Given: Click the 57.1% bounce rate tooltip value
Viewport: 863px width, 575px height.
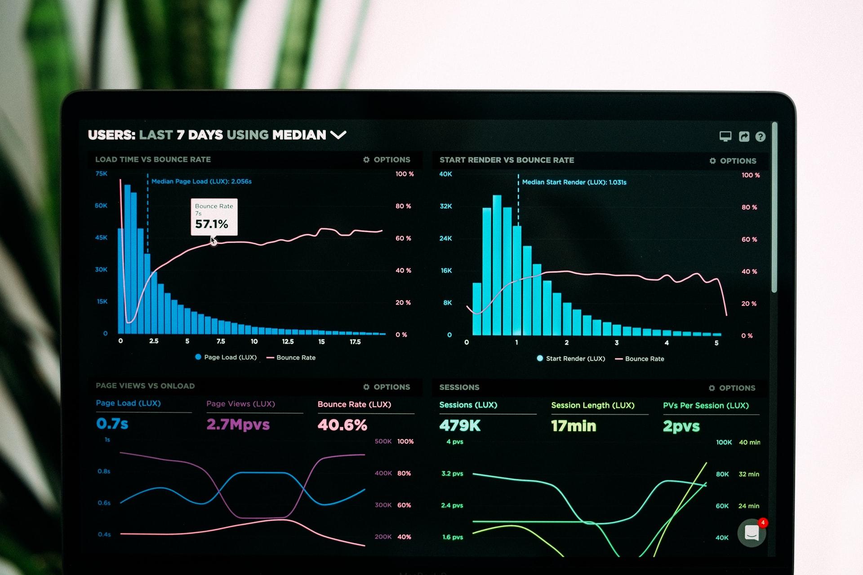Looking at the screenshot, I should pos(212,224).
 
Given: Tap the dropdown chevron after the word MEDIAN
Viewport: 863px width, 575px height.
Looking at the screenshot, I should pos(338,135).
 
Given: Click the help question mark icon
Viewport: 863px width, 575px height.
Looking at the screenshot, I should pos(760,137).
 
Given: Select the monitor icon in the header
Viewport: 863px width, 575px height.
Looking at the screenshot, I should pos(725,136).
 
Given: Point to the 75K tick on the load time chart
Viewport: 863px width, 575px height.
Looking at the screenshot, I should pos(102,173).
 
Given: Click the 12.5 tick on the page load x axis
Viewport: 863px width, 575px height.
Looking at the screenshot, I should pos(288,341).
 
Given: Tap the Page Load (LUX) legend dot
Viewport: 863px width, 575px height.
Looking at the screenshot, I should pos(198,357).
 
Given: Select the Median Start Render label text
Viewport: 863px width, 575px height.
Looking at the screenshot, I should pos(574,182).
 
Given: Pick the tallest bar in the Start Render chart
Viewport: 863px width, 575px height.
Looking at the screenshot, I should pos(497,265).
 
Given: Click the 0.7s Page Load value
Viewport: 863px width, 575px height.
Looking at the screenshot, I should pos(112,424).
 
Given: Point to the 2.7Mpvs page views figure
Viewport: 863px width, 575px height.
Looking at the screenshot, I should pos(238,425).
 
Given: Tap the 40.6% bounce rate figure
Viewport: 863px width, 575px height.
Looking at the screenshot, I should pos(342,425).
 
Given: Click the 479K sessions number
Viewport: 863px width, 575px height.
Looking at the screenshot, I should pos(460,425).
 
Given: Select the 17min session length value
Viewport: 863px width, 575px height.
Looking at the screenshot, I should pos(574,426).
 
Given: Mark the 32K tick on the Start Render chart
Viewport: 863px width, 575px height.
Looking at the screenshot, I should pos(446,206).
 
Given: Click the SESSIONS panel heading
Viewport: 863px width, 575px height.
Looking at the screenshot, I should pos(459,387).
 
